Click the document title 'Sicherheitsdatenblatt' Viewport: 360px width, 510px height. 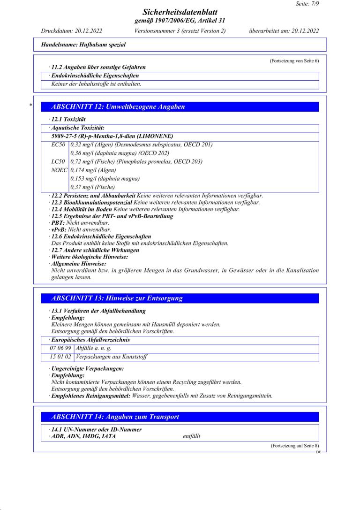click(180, 13)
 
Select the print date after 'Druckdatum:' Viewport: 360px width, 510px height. click(89, 31)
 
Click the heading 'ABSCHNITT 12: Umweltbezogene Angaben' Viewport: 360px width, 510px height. click(118, 107)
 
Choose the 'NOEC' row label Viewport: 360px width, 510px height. click(59, 170)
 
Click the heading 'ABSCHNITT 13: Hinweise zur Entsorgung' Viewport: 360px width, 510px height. click(117, 298)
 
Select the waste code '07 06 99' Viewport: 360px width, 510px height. click(60, 348)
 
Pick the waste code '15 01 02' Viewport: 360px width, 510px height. click(60, 357)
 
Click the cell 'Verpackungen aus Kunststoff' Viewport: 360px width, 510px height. click(112, 357)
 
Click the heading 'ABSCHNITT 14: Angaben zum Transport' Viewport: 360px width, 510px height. click(115, 417)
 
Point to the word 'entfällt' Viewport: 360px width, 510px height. click(192, 436)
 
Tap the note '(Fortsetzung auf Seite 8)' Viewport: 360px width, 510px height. click(295, 446)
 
